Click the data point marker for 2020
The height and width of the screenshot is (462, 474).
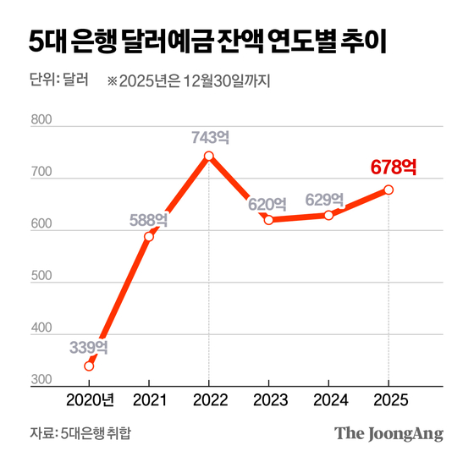click(89, 366)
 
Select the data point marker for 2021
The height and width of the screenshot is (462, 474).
click(149, 236)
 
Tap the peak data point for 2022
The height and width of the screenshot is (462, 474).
click(209, 156)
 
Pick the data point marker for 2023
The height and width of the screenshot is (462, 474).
click(268, 220)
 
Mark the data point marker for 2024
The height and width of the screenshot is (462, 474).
click(328, 215)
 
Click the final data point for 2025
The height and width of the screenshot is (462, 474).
click(389, 190)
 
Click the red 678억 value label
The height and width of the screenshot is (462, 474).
click(394, 168)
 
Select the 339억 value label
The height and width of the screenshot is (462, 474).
click(89, 347)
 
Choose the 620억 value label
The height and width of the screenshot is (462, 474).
click(267, 203)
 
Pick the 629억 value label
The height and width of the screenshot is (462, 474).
click(325, 200)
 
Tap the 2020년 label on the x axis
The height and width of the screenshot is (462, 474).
click(90, 399)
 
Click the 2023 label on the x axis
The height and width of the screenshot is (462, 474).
click(268, 399)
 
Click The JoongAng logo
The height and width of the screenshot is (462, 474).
click(389, 434)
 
